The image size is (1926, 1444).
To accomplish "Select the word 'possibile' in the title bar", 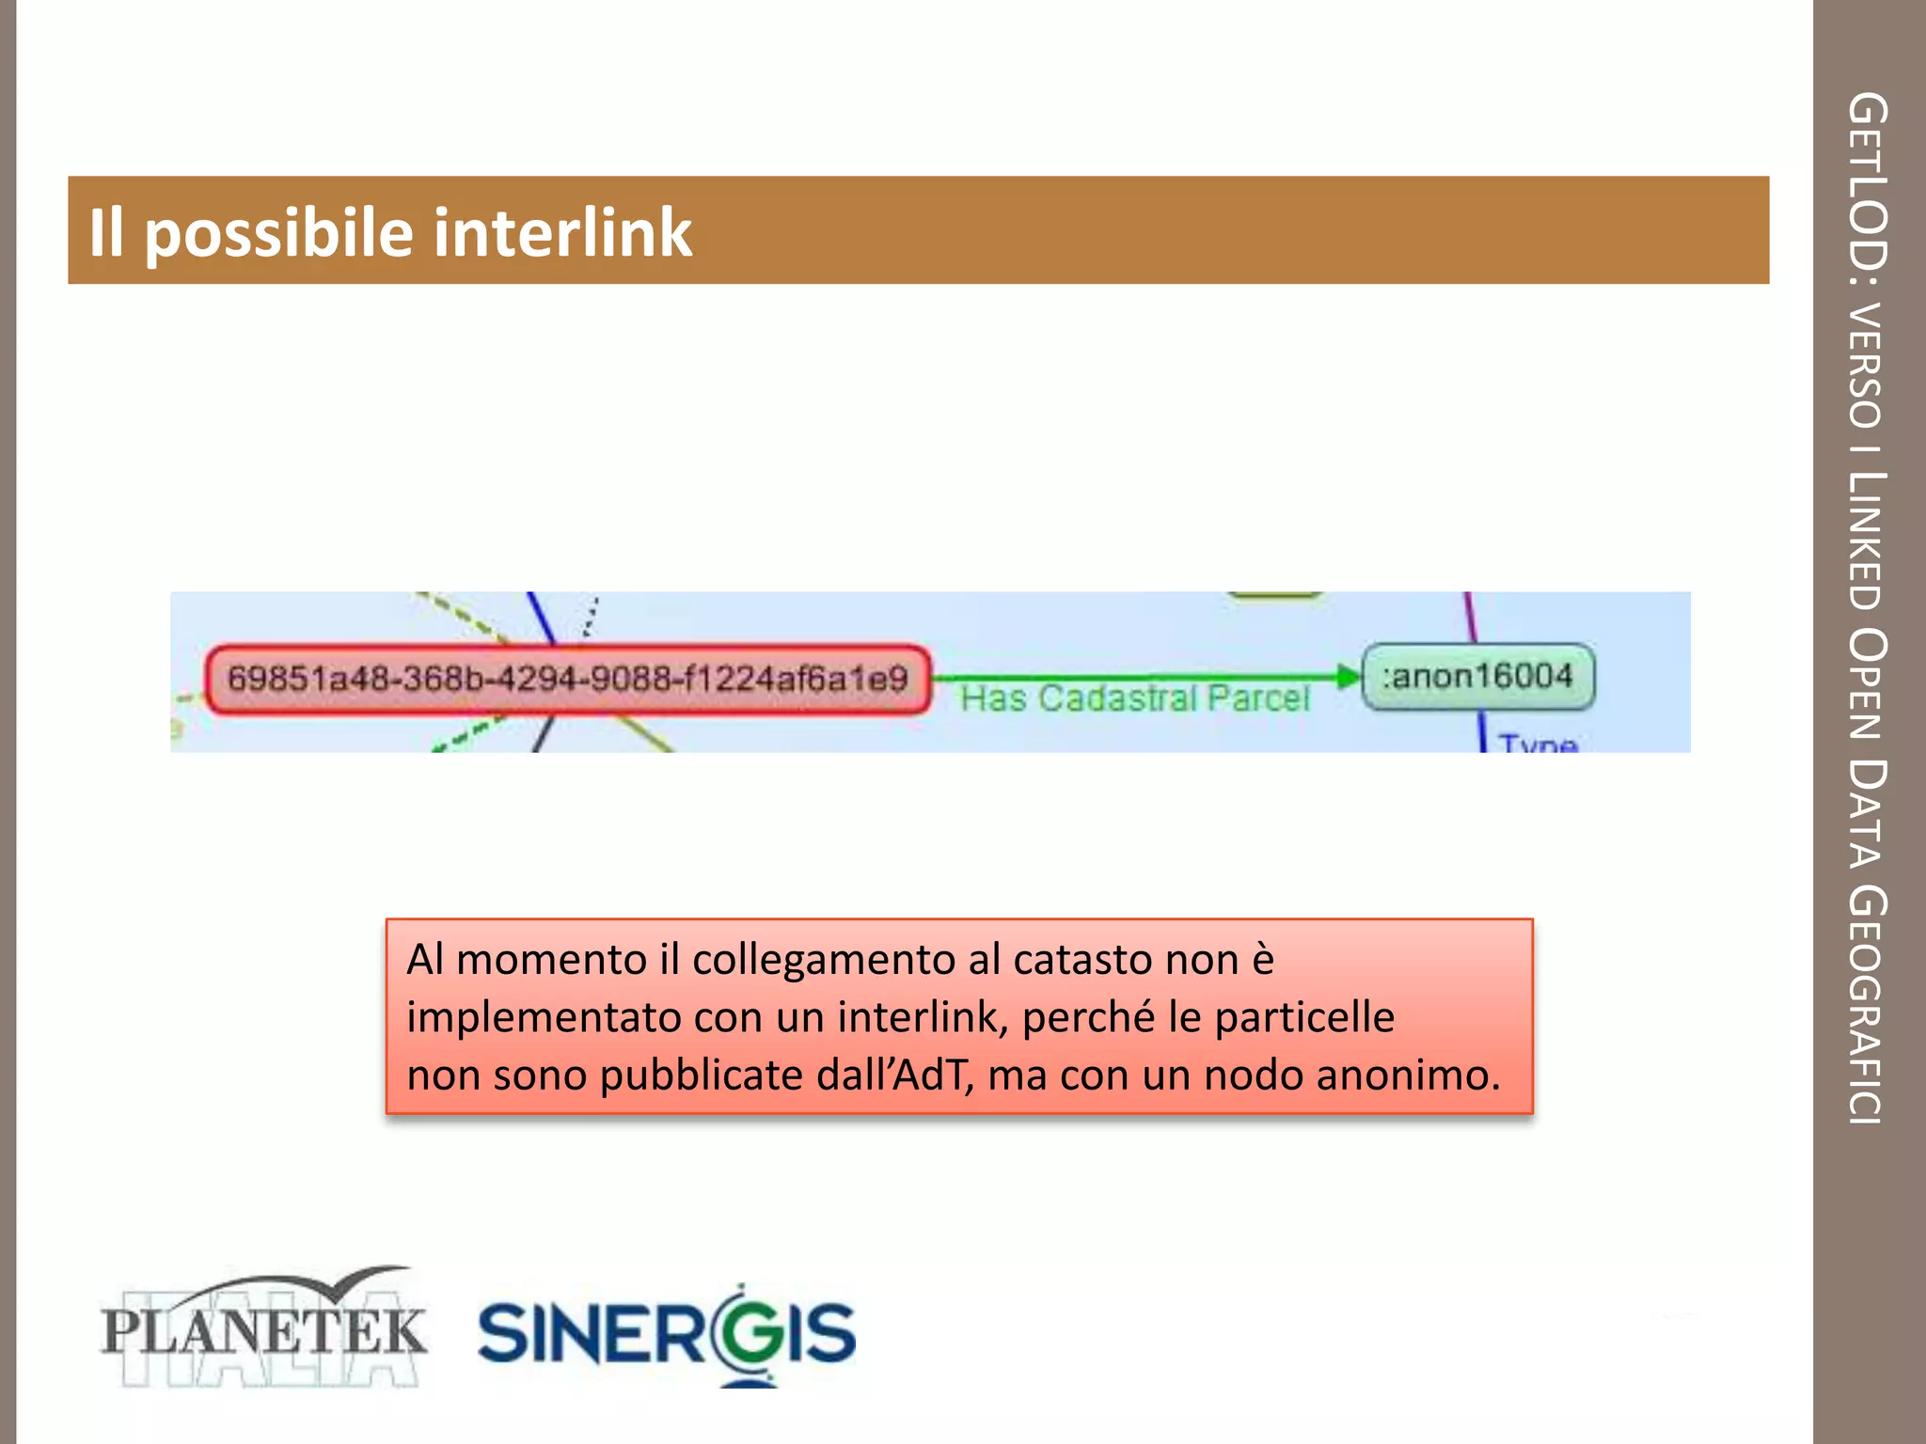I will tap(278, 232).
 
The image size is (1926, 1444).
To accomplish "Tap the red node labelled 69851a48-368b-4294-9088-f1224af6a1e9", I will tap(568, 679).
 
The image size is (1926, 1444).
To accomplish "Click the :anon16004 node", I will tap(1477, 676).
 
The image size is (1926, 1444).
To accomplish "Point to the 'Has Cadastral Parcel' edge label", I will tap(1134, 698).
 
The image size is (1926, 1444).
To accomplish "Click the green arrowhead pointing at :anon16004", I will tap(1348, 676).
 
